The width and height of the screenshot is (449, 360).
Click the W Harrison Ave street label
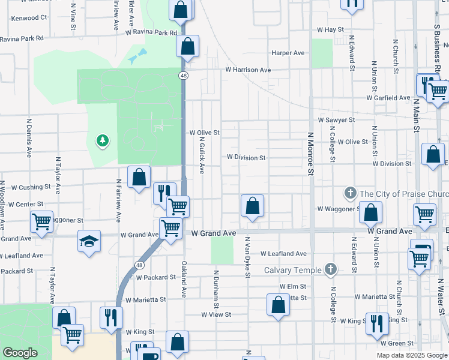(248, 70)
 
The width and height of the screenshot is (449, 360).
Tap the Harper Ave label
(288, 53)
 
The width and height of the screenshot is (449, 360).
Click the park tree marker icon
(103, 140)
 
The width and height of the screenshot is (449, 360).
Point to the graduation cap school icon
(89, 241)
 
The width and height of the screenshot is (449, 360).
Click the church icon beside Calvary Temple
(330, 269)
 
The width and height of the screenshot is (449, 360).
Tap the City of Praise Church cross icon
(351, 193)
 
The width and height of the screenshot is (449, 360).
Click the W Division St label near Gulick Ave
(246, 158)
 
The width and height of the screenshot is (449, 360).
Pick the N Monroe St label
(310, 154)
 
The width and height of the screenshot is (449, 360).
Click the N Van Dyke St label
(247, 257)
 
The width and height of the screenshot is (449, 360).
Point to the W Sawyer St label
(337, 120)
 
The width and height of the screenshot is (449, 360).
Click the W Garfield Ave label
(388, 97)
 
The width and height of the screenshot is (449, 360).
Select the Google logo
(20, 353)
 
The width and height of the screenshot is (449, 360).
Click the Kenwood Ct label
(29, 18)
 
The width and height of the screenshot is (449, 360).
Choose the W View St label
(216, 314)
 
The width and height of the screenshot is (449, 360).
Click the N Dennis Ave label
(29, 137)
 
